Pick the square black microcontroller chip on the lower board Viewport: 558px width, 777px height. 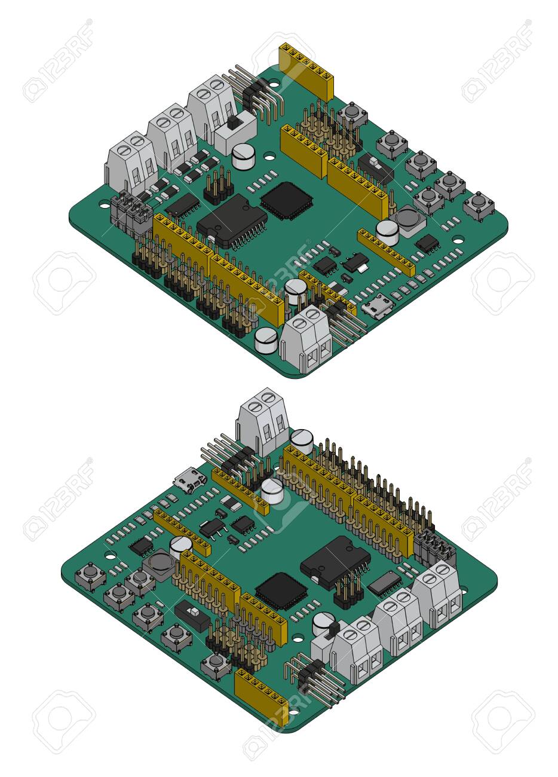tap(281, 591)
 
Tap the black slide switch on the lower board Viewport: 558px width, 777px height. tap(192, 616)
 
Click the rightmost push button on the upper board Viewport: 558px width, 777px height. tap(479, 205)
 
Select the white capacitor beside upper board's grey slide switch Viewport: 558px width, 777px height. tap(244, 157)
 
